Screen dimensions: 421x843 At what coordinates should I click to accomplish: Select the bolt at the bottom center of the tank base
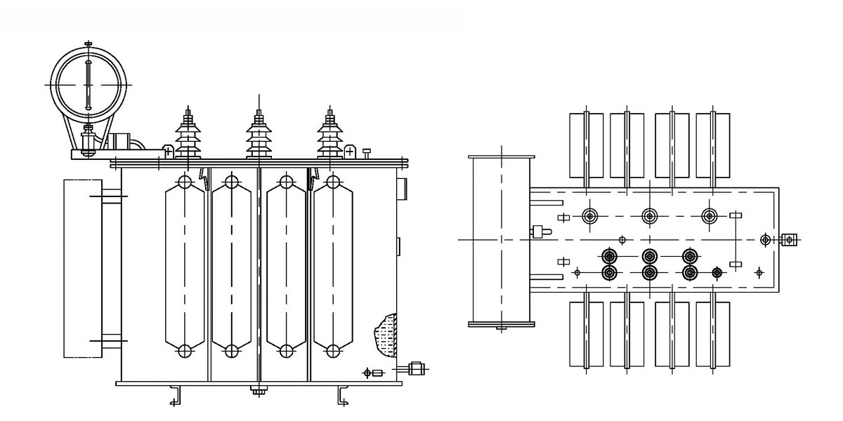coord(259,391)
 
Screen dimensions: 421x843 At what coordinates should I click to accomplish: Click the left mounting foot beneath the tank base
coord(176,396)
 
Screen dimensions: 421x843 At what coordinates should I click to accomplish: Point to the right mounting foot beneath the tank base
coord(343,396)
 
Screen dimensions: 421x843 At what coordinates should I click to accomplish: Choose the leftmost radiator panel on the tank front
coord(184,267)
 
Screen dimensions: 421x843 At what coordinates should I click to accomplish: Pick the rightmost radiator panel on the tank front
coord(333,267)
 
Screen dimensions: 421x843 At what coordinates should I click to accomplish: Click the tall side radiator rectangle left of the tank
coord(82,268)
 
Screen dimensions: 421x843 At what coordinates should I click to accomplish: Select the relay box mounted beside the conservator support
coord(121,142)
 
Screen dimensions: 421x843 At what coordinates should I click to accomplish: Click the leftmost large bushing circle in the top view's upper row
coord(589,215)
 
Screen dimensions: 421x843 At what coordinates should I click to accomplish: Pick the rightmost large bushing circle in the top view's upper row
coord(710,215)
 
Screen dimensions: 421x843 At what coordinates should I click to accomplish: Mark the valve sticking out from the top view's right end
coord(790,240)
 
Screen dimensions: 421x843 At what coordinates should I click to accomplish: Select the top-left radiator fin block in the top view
coord(585,145)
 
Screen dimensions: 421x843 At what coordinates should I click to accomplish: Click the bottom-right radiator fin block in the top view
coord(712,335)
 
